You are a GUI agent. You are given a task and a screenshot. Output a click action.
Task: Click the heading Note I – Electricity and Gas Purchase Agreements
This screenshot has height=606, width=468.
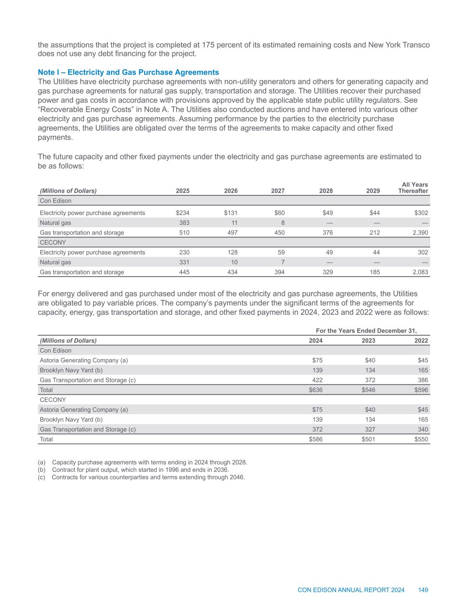pyautogui.click(x=129, y=72)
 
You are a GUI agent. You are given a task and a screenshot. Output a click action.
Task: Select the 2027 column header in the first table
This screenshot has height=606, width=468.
pyautogui.click(x=278, y=191)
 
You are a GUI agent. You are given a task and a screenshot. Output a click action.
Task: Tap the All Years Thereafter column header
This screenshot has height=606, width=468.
pyautogui.click(x=413, y=188)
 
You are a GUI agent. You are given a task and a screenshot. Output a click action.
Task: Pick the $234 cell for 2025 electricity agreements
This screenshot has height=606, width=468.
pyautogui.click(x=182, y=213)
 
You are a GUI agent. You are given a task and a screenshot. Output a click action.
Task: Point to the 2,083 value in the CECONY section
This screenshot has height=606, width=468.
pyautogui.click(x=420, y=272)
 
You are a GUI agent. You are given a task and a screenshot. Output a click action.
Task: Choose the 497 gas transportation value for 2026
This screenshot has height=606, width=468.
pyautogui.click(x=232, y=233)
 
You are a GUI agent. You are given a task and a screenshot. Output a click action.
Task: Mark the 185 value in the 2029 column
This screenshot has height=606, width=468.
pyautogui.click(x=374, y=272)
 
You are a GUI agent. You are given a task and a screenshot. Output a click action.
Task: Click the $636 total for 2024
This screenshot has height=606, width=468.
pyautogui.click(x=315, y=390)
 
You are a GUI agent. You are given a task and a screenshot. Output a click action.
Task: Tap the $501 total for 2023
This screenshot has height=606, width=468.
pyautogui.click(x=368, y=439)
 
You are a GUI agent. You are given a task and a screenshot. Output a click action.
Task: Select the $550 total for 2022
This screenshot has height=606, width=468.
pyautogui.click(x=421, y=439)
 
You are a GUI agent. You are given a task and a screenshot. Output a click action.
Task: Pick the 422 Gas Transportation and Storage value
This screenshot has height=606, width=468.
pyautogui.click(x=317, y=380)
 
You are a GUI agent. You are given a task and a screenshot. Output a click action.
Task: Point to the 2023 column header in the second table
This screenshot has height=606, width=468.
pyautogui.click(x=368, y=341)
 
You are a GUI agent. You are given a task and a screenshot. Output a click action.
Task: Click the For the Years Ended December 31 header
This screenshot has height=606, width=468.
pyautogui.click(x=366, y=331)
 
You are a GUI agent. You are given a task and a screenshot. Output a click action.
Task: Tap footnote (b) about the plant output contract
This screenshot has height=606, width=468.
pyautogui.click(x=134, y=470)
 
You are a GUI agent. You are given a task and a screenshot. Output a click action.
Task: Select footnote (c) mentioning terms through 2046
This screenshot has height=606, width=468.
pyautogui.click(x=142, y=477)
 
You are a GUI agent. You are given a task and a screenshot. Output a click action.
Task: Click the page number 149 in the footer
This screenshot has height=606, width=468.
pyautogui.click(x=423, y=590)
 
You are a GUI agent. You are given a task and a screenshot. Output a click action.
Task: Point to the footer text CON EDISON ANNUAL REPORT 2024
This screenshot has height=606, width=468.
pyautogui.click(x=351, y=590)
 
